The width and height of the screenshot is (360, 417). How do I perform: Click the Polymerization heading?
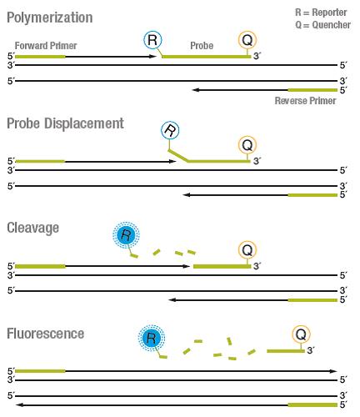pyautogui.click(x=50, y=18)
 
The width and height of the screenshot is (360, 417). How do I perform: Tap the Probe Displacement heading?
pyautogui.click(x=65, y=123)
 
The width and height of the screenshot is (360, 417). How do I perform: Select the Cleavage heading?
pyautogui.click(x=32, y=228)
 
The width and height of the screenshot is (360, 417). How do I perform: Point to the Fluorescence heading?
pyautogui.click(x=45, y=334)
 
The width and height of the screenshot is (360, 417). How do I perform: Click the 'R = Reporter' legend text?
pyautogui.click(x=321, y=13)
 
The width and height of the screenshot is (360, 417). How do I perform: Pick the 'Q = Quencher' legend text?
pyautogui.click(x=322, y=25)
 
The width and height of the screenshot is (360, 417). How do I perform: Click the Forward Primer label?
pyautogui.click(x=46, y=46)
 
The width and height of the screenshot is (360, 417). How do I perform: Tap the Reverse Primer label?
pyautogui.click(x=305, y=101)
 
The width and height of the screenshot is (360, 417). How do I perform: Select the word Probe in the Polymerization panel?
pyautogui.click(x=202, y=46)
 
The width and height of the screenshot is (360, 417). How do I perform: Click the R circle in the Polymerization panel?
pyautogui.click(x=152, y=40)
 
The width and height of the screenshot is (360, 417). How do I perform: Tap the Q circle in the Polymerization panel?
pyautogui.click(x=247, y=40)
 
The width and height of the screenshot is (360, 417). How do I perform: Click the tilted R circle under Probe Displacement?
pyautogui.click(x=170, y=130)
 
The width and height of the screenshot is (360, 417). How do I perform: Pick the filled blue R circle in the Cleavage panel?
pyautogui.click(x=126, y=235)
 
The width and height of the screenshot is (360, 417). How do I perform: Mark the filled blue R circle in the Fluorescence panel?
pyautogui.click(x=152, y=338)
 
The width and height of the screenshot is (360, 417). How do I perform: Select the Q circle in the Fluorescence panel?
pyautogui.click(x=301, y=334)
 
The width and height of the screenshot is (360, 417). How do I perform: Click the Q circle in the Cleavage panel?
pyautogui.click(x=247, y=250)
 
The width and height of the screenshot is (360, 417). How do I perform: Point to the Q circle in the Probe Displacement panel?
pyautogui.click(x=247, y=145)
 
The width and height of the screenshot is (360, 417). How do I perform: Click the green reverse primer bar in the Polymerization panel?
pyautogui.click(x=312, y=90)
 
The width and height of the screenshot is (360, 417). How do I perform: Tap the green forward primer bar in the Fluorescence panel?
pyautogui.click(x=40, y=371)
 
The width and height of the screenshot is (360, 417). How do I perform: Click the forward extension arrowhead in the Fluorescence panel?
pyautogui.click(x=333, y=371)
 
